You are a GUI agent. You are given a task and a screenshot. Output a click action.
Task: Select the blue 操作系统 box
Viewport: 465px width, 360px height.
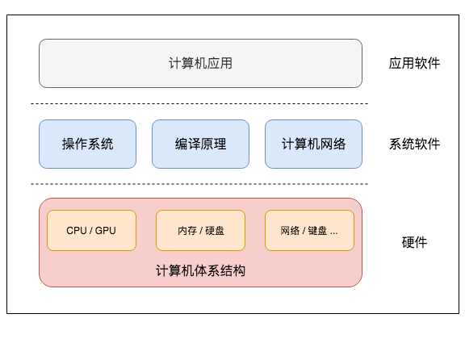[87, 144]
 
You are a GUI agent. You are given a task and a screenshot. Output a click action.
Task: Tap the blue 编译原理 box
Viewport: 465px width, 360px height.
[200, 144]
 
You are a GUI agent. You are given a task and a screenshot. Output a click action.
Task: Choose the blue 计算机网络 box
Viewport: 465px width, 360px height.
[313, 144]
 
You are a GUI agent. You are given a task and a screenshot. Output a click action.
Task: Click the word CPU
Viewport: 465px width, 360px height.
[77, 231]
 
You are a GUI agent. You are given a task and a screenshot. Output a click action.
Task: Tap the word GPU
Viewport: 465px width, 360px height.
[106, 231]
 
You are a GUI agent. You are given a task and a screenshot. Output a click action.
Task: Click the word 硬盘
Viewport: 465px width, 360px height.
[215, 231]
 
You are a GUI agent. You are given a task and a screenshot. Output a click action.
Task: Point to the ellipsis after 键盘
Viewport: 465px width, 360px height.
[333, 232]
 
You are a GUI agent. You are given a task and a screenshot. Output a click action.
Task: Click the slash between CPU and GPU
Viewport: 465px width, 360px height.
[91, 231]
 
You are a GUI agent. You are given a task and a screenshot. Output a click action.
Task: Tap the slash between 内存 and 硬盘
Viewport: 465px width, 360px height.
[200, 231]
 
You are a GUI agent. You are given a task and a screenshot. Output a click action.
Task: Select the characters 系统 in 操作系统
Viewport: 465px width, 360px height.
[100, 144]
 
